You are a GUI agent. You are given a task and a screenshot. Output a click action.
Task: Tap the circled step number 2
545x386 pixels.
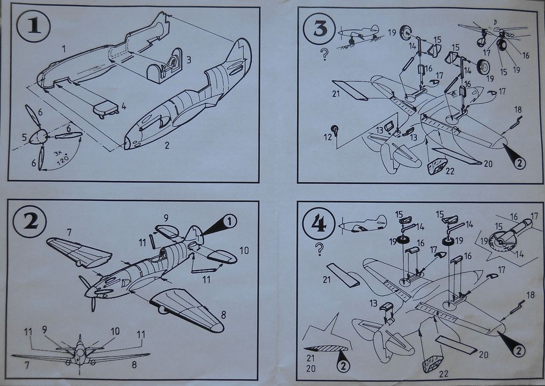[31, 220]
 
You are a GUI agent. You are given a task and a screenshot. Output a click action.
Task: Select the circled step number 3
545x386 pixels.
[320, 29]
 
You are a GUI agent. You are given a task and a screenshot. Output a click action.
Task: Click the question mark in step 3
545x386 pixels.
[324, 54]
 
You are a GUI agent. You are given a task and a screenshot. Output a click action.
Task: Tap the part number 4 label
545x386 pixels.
[123, 106]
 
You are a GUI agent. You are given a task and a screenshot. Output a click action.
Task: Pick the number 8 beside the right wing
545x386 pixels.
[223, 315]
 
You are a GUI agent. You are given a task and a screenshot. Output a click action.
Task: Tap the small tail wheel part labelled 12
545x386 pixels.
[335, 129]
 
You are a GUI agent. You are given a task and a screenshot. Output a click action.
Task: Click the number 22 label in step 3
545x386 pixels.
[450, 171]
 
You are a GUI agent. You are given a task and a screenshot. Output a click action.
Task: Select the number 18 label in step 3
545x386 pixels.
[518, 110]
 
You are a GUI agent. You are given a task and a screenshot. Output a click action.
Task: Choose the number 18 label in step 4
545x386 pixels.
[530, 294]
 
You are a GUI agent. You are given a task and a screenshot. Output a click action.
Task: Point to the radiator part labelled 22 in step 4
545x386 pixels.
[432, 363]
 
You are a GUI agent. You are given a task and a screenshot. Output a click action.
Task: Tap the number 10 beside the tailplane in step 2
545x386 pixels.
[244, 250]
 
